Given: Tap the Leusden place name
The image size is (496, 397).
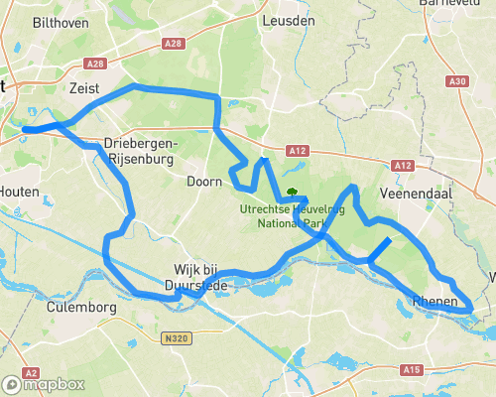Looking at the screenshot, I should coord(289,20).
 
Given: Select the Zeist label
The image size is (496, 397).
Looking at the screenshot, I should coord(84,88).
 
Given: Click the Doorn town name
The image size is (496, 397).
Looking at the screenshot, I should coord(202,182).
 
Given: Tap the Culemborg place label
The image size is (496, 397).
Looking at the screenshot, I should coord(81,309).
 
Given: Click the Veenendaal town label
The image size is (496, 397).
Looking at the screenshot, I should coord(415,194).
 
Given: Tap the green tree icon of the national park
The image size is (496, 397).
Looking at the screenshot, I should coord(292,193).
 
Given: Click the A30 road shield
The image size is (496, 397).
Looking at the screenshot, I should coord(456,82).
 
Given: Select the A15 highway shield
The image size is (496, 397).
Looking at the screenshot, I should coord(412,370).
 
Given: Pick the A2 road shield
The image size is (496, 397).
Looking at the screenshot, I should coord(31,373).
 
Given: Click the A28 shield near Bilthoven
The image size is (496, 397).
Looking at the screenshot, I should coord(175,44).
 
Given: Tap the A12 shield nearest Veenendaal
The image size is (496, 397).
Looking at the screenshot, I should coord(401,165).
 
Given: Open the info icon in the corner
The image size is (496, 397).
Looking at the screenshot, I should coord(484,385).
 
